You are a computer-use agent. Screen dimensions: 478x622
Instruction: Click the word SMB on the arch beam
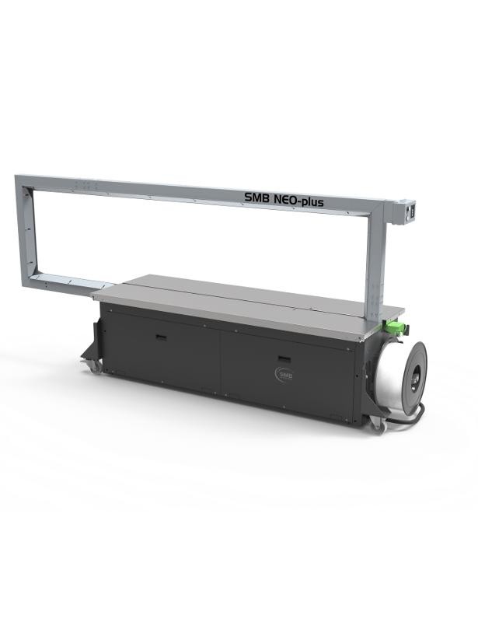pyautogui.click(x=256, y=197)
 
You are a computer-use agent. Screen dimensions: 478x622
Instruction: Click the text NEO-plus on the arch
pyautogui.click(x=298, y=201)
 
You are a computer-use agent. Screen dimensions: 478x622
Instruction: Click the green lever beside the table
pyautogui.click(x=396, y=327)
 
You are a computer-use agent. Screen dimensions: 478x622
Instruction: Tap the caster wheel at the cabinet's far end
pyautogui.click(x=94, y=366)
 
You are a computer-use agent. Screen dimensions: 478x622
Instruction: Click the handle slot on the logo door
pyautogui.click(x=284, y=359)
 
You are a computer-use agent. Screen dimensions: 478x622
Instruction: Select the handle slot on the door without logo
pyautogui.click(x=161, y=337)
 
